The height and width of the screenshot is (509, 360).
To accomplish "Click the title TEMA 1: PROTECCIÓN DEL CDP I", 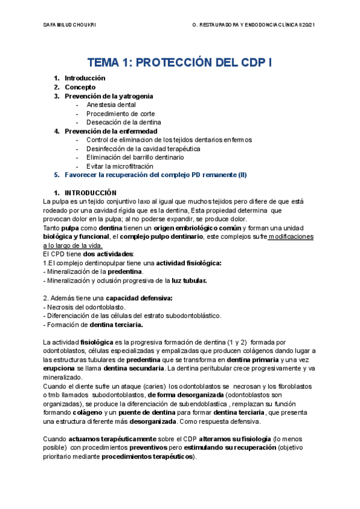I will pyautogui.click(x=179, y=62).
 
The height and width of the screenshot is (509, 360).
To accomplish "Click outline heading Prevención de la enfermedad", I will pyautogui.click(x=111, y=131).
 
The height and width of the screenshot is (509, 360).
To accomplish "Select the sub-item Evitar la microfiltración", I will pyautogui.click(x=120, y=166).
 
